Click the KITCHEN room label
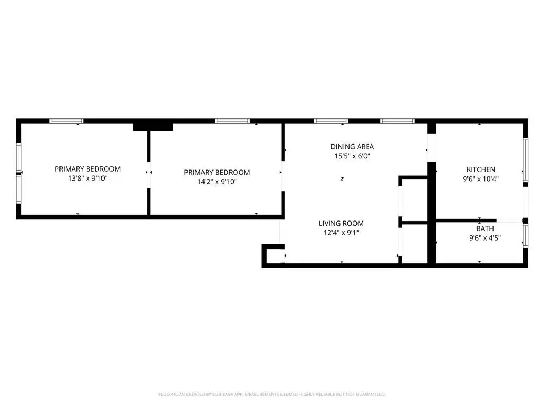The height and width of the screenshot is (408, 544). (480, 169)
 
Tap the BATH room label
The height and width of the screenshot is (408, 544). (484, 228)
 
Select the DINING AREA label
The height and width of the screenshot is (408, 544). (352, 147)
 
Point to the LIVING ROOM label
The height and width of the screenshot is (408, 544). (341, 224)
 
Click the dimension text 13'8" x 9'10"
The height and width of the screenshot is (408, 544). (88, 178)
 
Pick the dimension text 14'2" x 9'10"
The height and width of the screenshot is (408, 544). (217, 182)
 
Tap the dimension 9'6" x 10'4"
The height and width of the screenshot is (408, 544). (480, 179)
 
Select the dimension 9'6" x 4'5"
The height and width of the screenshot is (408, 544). (484, 238)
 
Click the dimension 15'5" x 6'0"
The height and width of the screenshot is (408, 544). (352, 156)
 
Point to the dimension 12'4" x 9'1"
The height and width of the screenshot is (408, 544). (341, 233)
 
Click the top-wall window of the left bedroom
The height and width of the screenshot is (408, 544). (66, 121)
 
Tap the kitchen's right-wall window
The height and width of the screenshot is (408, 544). (525, 159)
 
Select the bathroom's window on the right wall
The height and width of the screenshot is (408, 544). (525, 235)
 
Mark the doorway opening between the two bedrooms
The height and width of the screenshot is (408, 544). (149, 175)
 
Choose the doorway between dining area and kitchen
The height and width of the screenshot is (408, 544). (431, 148)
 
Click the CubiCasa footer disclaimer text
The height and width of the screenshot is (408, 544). (272, 395)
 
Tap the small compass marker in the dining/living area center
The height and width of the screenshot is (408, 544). (342, 179)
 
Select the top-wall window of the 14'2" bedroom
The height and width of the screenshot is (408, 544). (232, 121)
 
